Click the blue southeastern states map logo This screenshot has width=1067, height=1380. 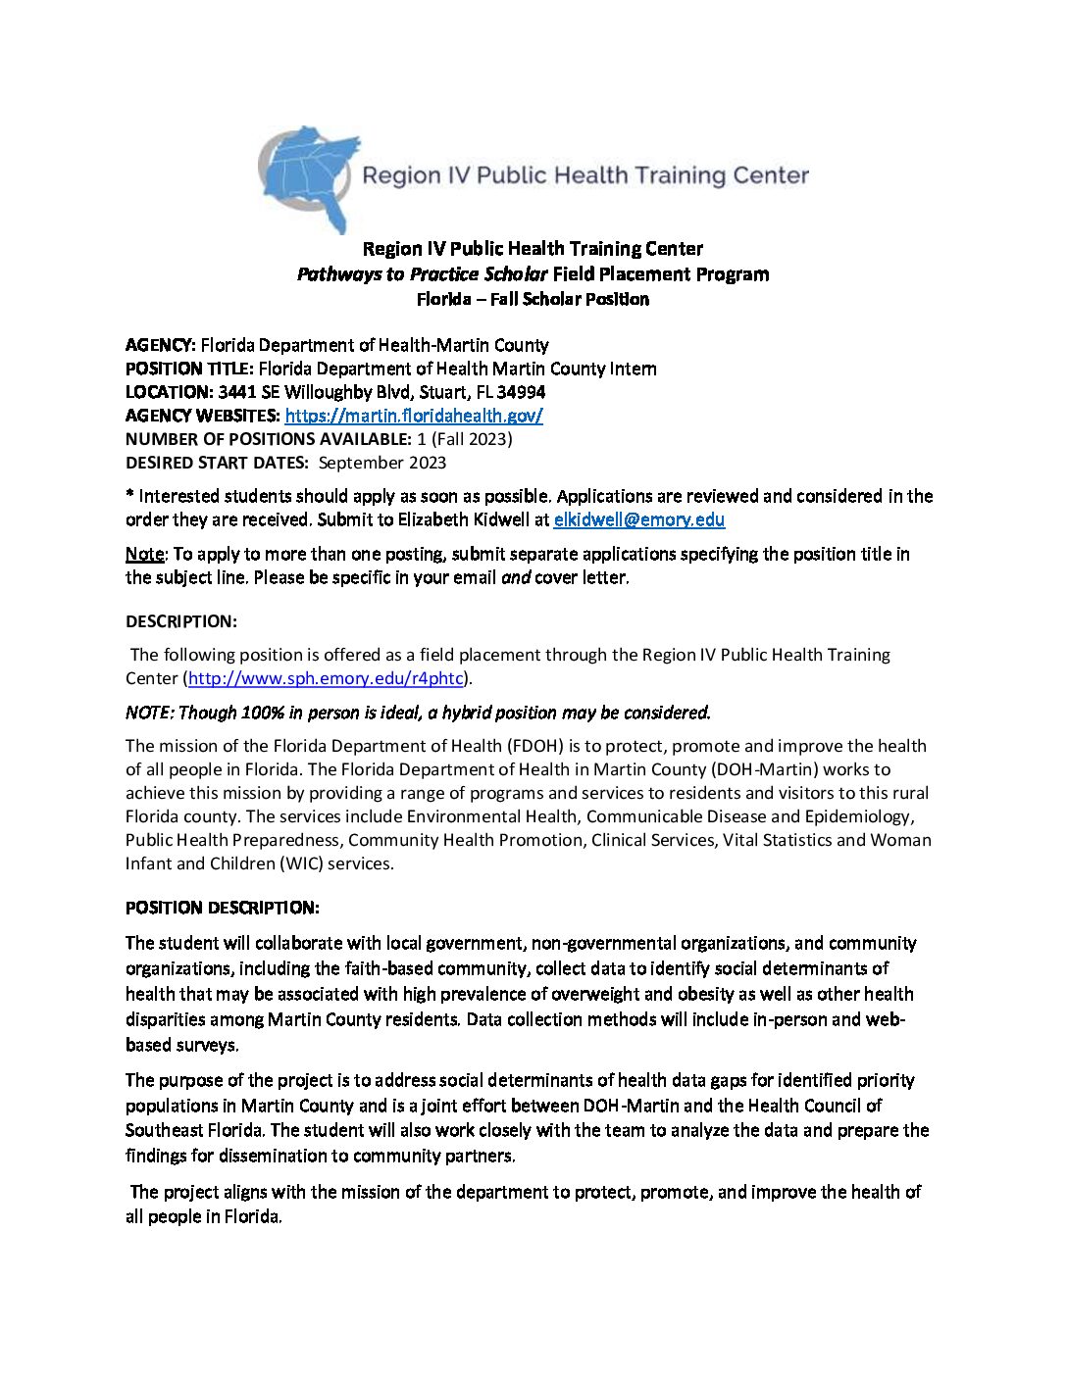point(307,176)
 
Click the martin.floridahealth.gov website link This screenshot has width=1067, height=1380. point(413,416)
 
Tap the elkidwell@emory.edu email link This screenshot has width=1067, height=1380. point(638,520)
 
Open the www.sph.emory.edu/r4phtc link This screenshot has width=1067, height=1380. point(325,678)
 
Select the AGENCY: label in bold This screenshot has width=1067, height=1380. point(161,345)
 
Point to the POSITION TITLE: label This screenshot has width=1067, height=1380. point(189,369)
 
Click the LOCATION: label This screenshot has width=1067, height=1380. point(169,392)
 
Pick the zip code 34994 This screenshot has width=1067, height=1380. point(521,392)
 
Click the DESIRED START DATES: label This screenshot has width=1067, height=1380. point(217,463)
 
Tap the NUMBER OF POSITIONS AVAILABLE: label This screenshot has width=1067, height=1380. point(268,439)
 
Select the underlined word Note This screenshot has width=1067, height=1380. point(144,554)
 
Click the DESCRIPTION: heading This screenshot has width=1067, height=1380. point(180,621)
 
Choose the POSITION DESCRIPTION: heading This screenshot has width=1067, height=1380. point(222,908)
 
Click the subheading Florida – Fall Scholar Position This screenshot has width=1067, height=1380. point(533,299)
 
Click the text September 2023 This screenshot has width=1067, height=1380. point(381,463)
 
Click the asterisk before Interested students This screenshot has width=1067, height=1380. point(129,495)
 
